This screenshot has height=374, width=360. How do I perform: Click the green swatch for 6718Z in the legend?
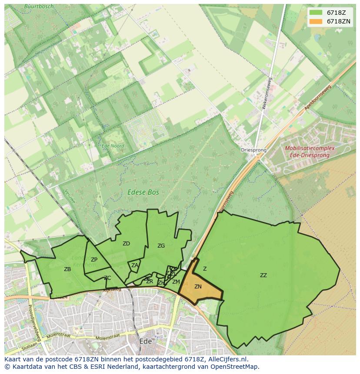pyautogui.click(x=316, y=12)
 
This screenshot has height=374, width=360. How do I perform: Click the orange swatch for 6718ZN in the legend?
pyautogui.click(x=316, y=21)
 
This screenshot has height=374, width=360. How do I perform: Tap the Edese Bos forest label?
pyautogui.click(x=143, y=192)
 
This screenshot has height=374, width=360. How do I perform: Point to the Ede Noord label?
pyautogui.click(x=113, y=146)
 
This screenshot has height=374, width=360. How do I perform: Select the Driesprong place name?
pyautogui.click(x=253, y=150)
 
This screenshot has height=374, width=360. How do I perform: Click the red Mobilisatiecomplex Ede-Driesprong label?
pyautogui.click(x=310, y=151)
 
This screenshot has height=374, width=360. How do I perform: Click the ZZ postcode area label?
pyautogui.click(x=263, y=275)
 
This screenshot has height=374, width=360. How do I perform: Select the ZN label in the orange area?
pyautogui.click(x=198, y=287)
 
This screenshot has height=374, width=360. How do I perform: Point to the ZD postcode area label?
pyautogui.click(x=126, y=244)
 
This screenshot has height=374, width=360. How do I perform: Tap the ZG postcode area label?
pyautogui.click(x=161, y=246)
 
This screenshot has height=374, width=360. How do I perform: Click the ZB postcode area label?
pyautogui.click(x=67, y=269)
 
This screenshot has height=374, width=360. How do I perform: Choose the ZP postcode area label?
pyautogui.click(x=94, y=260)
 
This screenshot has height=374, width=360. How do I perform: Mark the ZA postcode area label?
pyautogui.click(x=135, y=265)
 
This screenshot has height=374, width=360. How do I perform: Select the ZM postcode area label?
pyautogui.click(x=176, y=282)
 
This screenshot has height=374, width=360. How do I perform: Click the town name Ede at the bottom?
pyautogui.click(x=145, y=341)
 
